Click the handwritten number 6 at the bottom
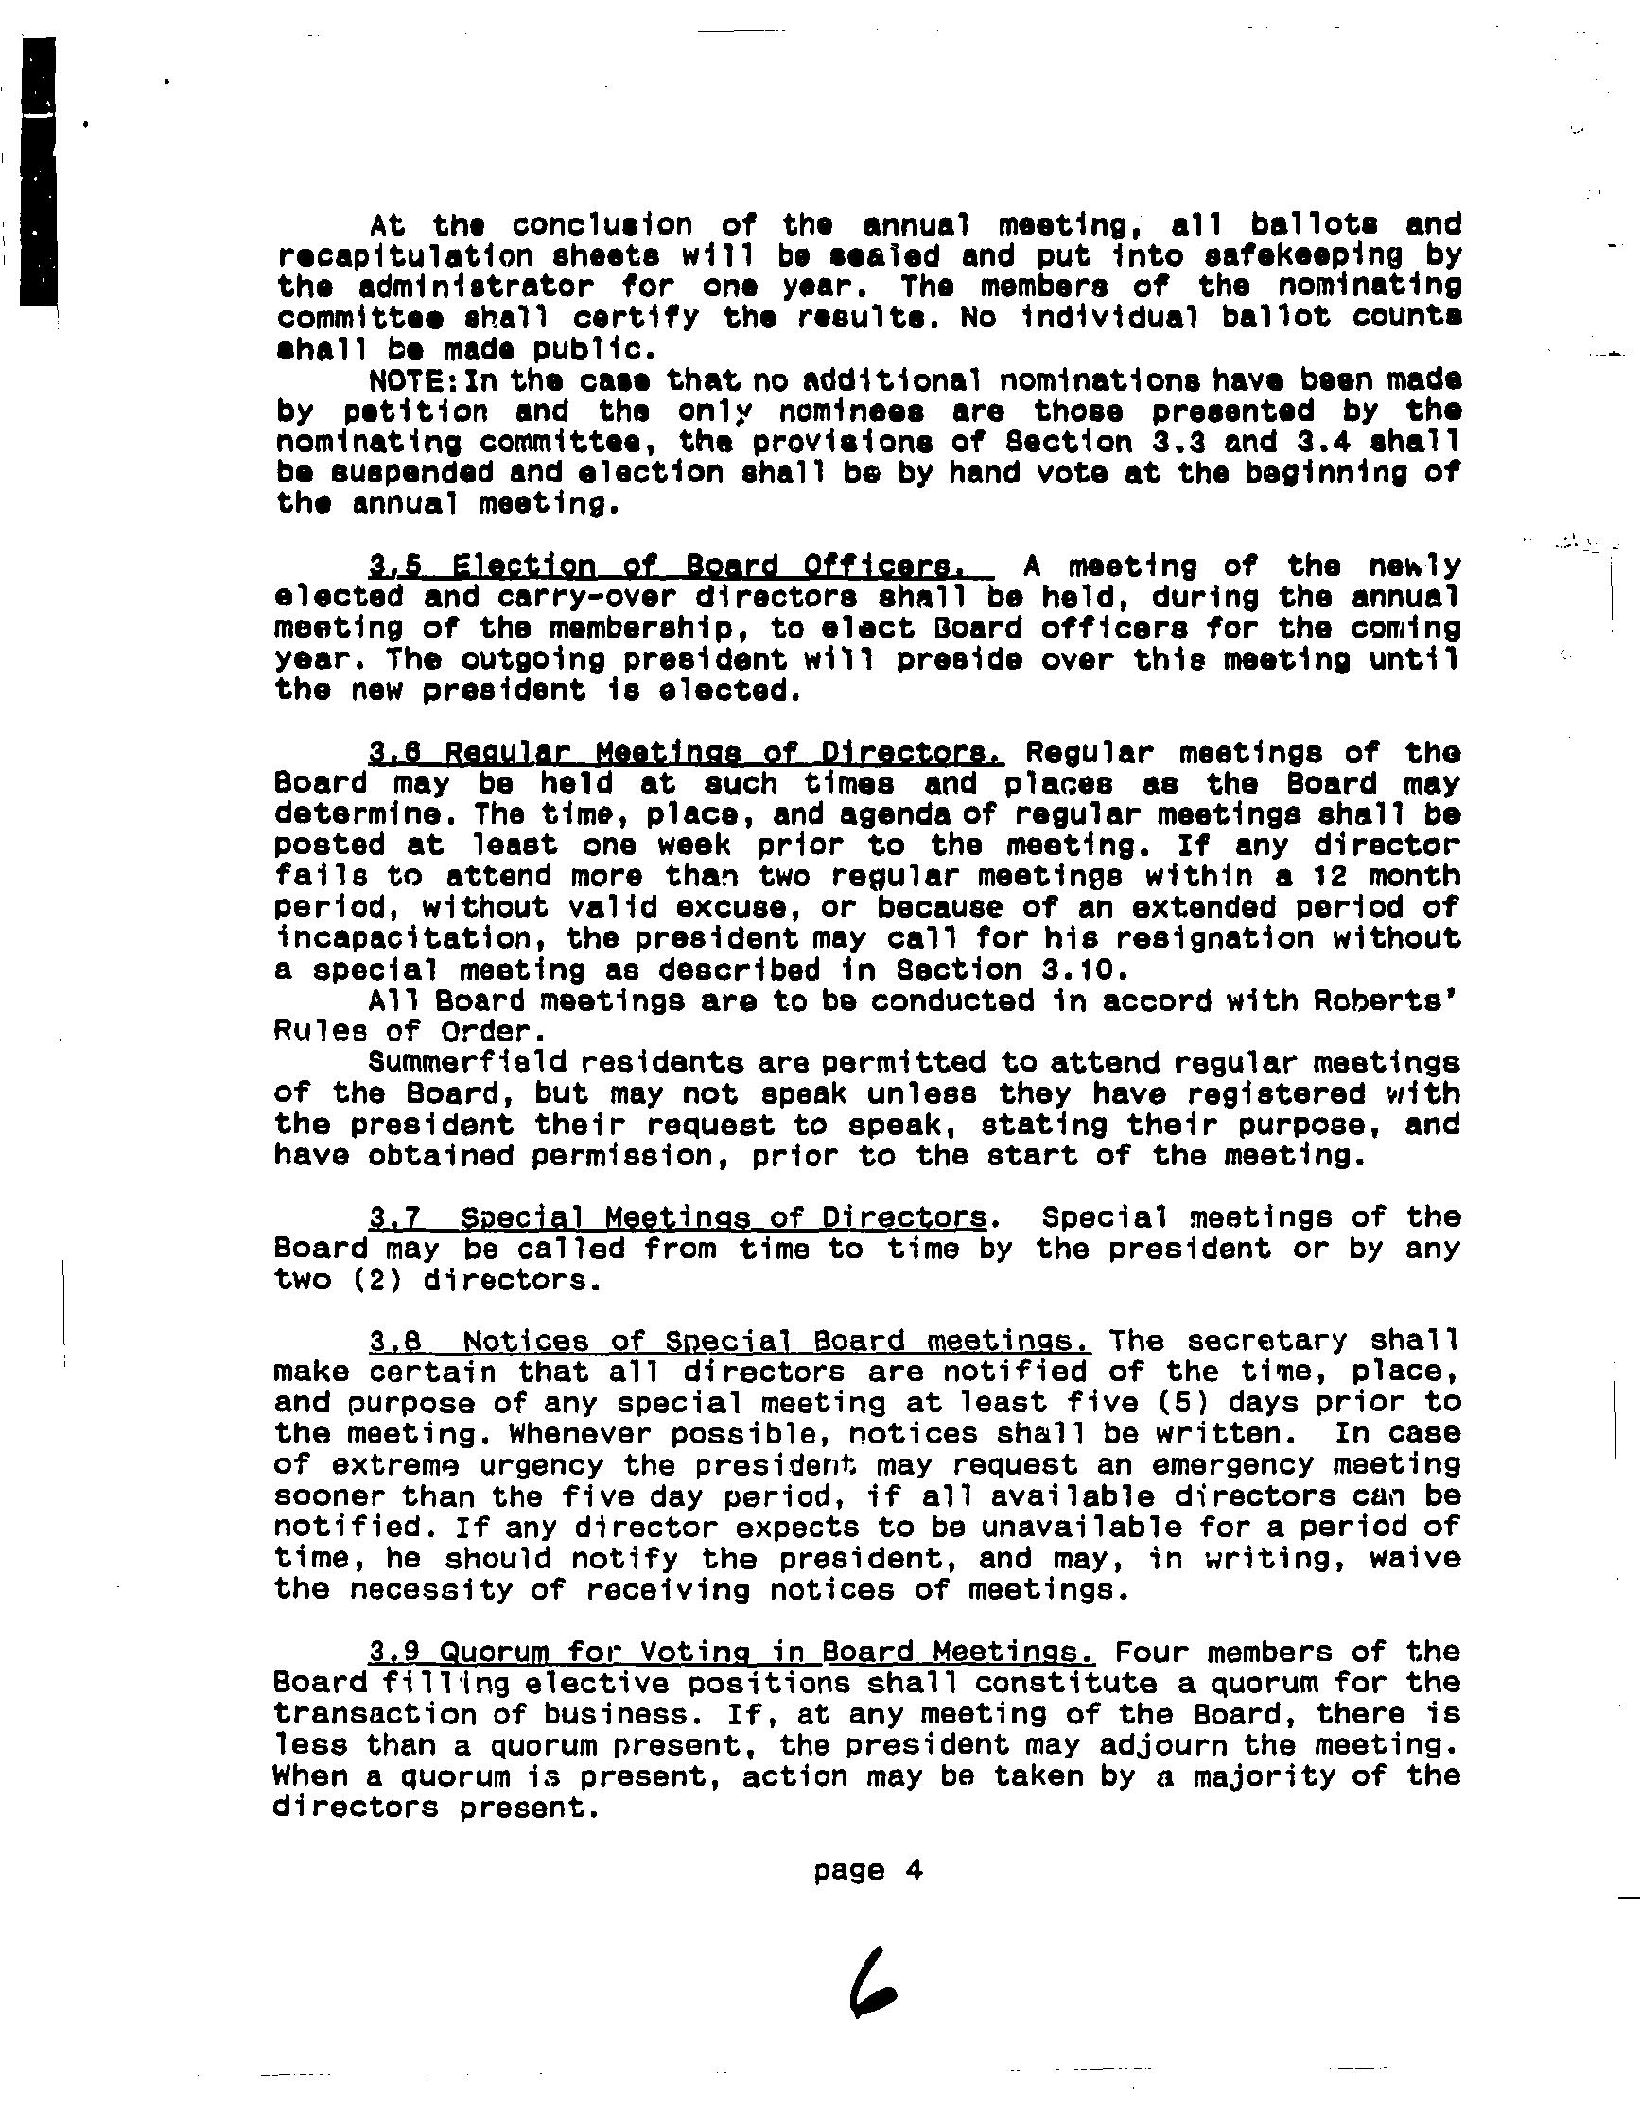point(871,1981)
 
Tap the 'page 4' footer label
point(868,1869)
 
